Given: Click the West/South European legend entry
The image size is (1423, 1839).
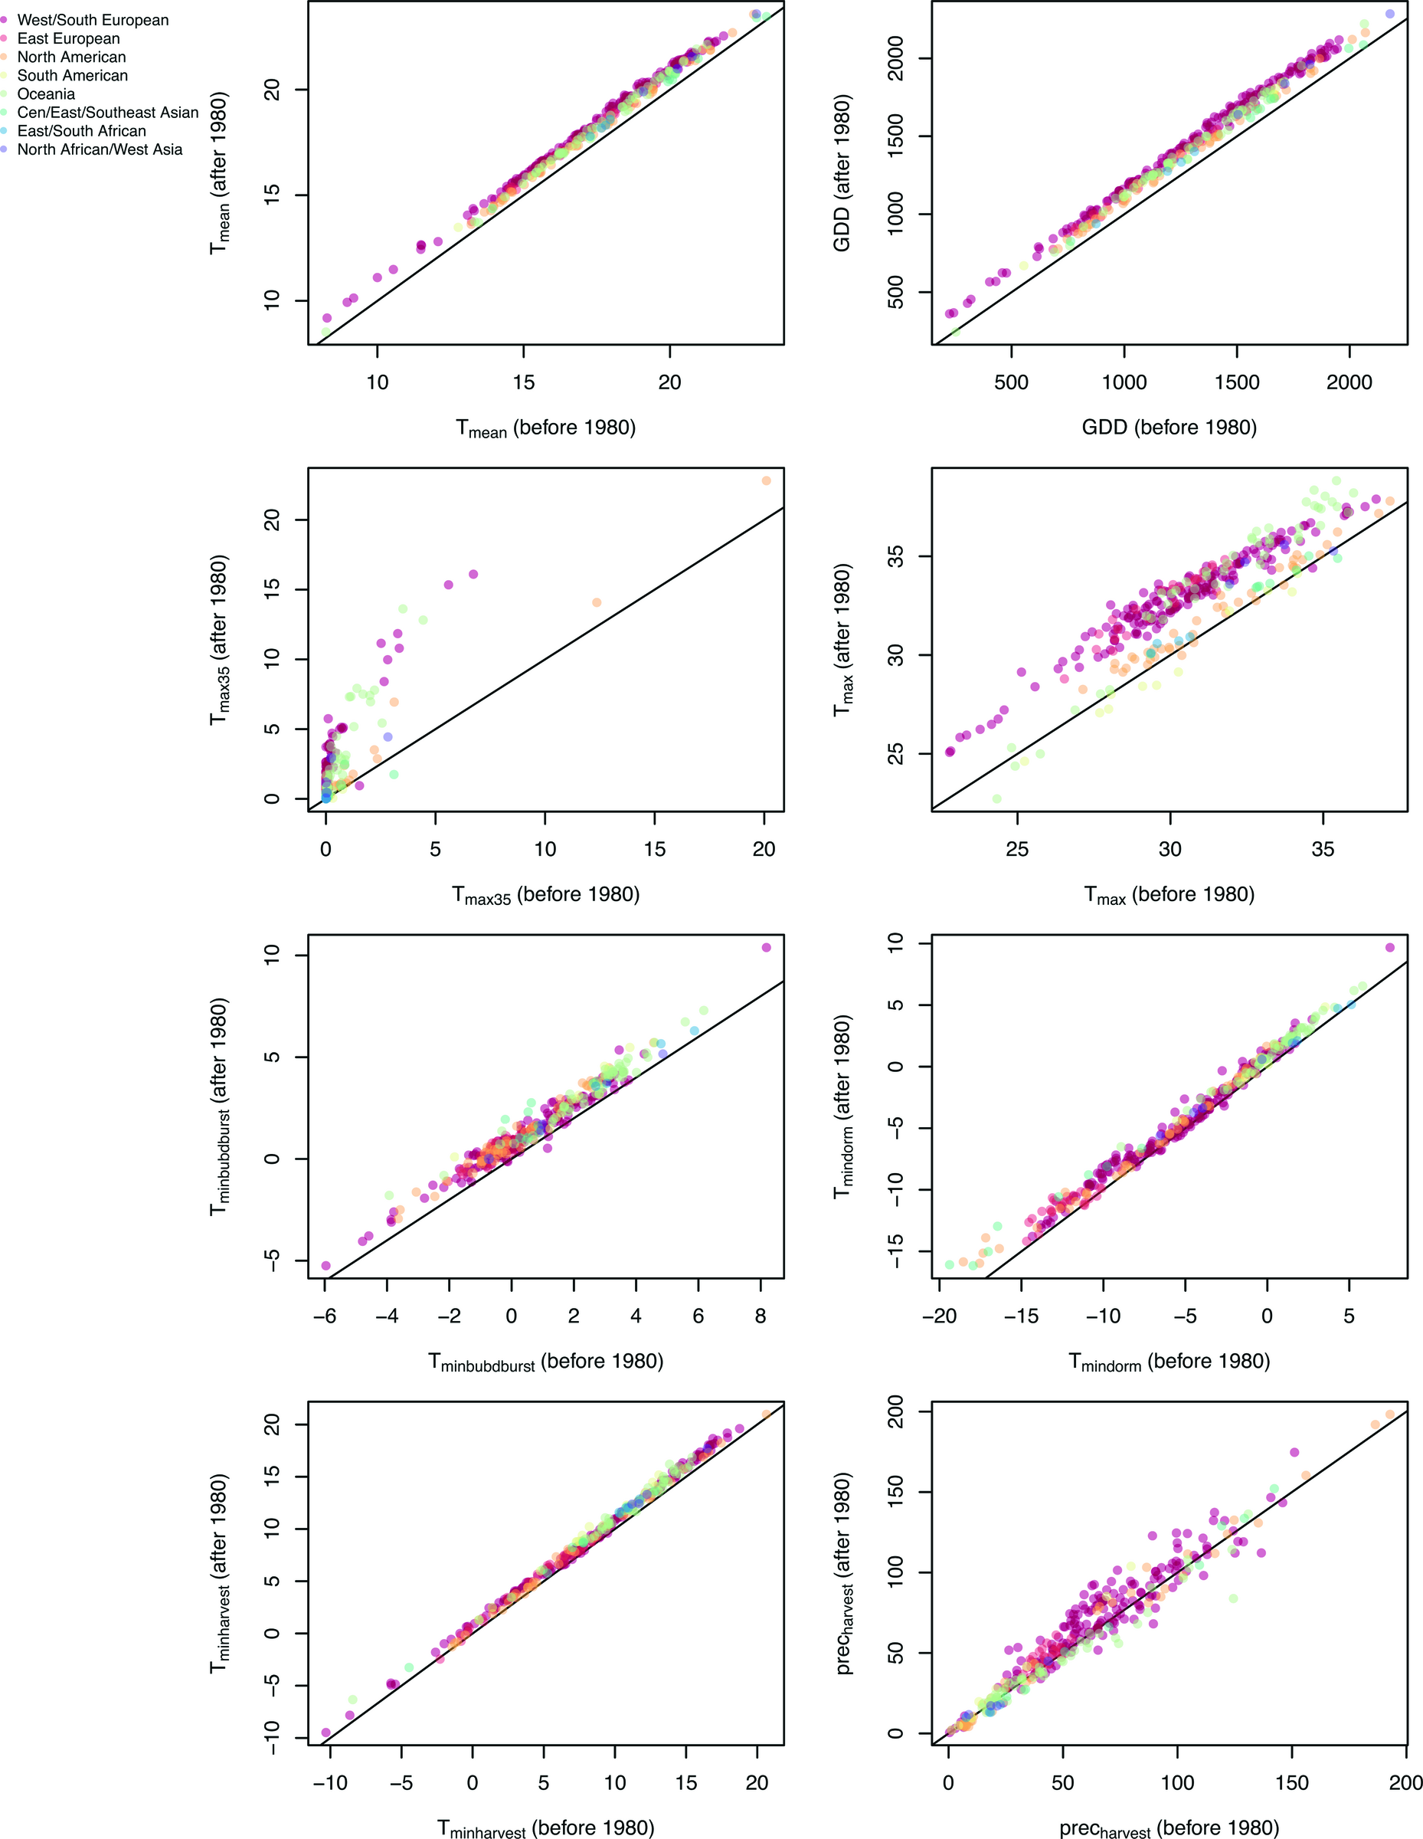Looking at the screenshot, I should tap(93, 20).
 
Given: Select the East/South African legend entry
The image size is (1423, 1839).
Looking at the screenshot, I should tap(82, 131).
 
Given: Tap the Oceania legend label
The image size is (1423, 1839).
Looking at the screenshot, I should tap(46, 94).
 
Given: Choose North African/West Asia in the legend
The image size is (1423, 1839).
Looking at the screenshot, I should tap(100, 150).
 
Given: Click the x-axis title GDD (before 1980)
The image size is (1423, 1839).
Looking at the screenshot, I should tap(1169, 428).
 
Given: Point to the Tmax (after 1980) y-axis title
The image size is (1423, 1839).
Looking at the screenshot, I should tap(842, 640).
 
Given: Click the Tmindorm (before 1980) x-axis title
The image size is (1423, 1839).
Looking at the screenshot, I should tap(1169, 1362).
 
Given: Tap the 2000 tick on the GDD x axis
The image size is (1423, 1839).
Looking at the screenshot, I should tap(1349, 383).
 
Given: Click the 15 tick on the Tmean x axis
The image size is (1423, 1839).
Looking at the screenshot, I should tap(523, 383).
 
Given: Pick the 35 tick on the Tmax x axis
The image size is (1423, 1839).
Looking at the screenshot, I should tap(1322, 849).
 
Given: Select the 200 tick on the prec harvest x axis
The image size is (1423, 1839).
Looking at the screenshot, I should tap(1405, 1782).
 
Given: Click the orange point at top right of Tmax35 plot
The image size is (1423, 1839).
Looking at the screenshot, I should tap(766, 480).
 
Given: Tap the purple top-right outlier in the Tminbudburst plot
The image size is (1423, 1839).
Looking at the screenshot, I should tap(766, 947).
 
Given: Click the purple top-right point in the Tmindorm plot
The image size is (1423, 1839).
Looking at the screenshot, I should tap(1389, 947).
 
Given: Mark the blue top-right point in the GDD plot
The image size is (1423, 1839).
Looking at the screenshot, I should tap(1389, 15).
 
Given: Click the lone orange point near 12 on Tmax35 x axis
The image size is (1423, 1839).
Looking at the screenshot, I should tap(597, 602).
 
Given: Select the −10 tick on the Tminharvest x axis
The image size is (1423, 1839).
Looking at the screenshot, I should tap(330, 1782).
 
